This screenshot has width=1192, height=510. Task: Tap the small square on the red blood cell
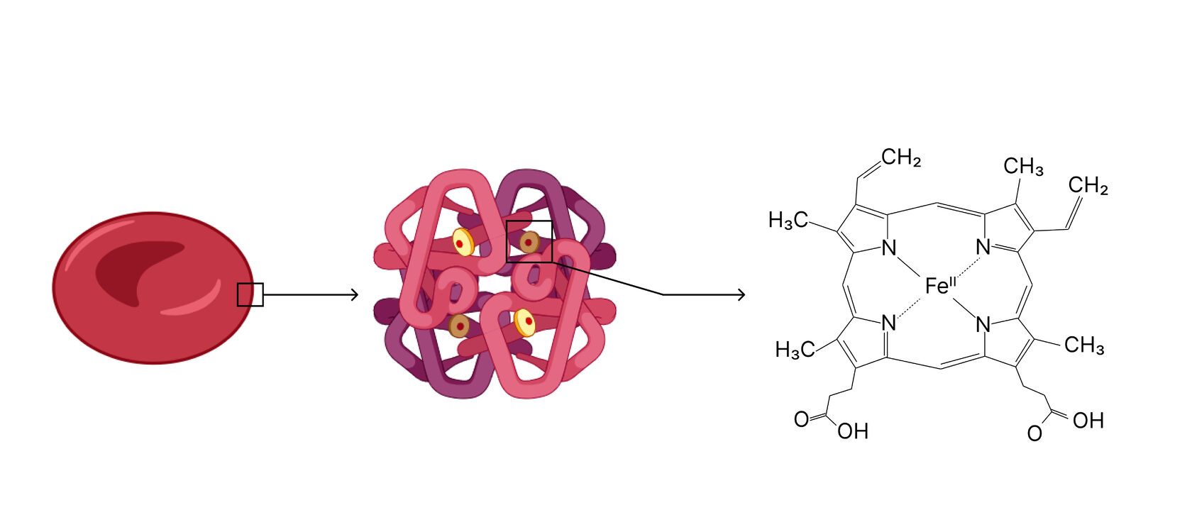[250, 294]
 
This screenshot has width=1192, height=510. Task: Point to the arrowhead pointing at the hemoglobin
[355, 294]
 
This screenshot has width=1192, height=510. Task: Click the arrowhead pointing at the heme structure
[741, 294]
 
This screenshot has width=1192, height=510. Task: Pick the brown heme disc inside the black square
[530, 243]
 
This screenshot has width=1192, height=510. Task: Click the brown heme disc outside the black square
[459, 326]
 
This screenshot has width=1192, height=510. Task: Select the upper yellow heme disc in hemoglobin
[463, 243]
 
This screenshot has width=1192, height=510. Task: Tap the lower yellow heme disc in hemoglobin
[524, 322]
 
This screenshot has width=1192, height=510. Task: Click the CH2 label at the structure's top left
[901, 157]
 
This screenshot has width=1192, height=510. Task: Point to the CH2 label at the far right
[1088, 187]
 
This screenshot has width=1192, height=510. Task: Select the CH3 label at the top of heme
[1023, 167]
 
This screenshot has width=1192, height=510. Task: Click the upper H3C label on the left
[788, 221]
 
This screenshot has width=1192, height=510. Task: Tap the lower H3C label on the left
[795, 350]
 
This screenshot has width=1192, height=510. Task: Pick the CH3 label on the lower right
[1084, 345]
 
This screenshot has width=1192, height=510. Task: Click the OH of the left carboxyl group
[853, 431]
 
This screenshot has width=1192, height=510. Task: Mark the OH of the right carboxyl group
[1088, 421]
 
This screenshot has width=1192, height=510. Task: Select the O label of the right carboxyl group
[1035, 433]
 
